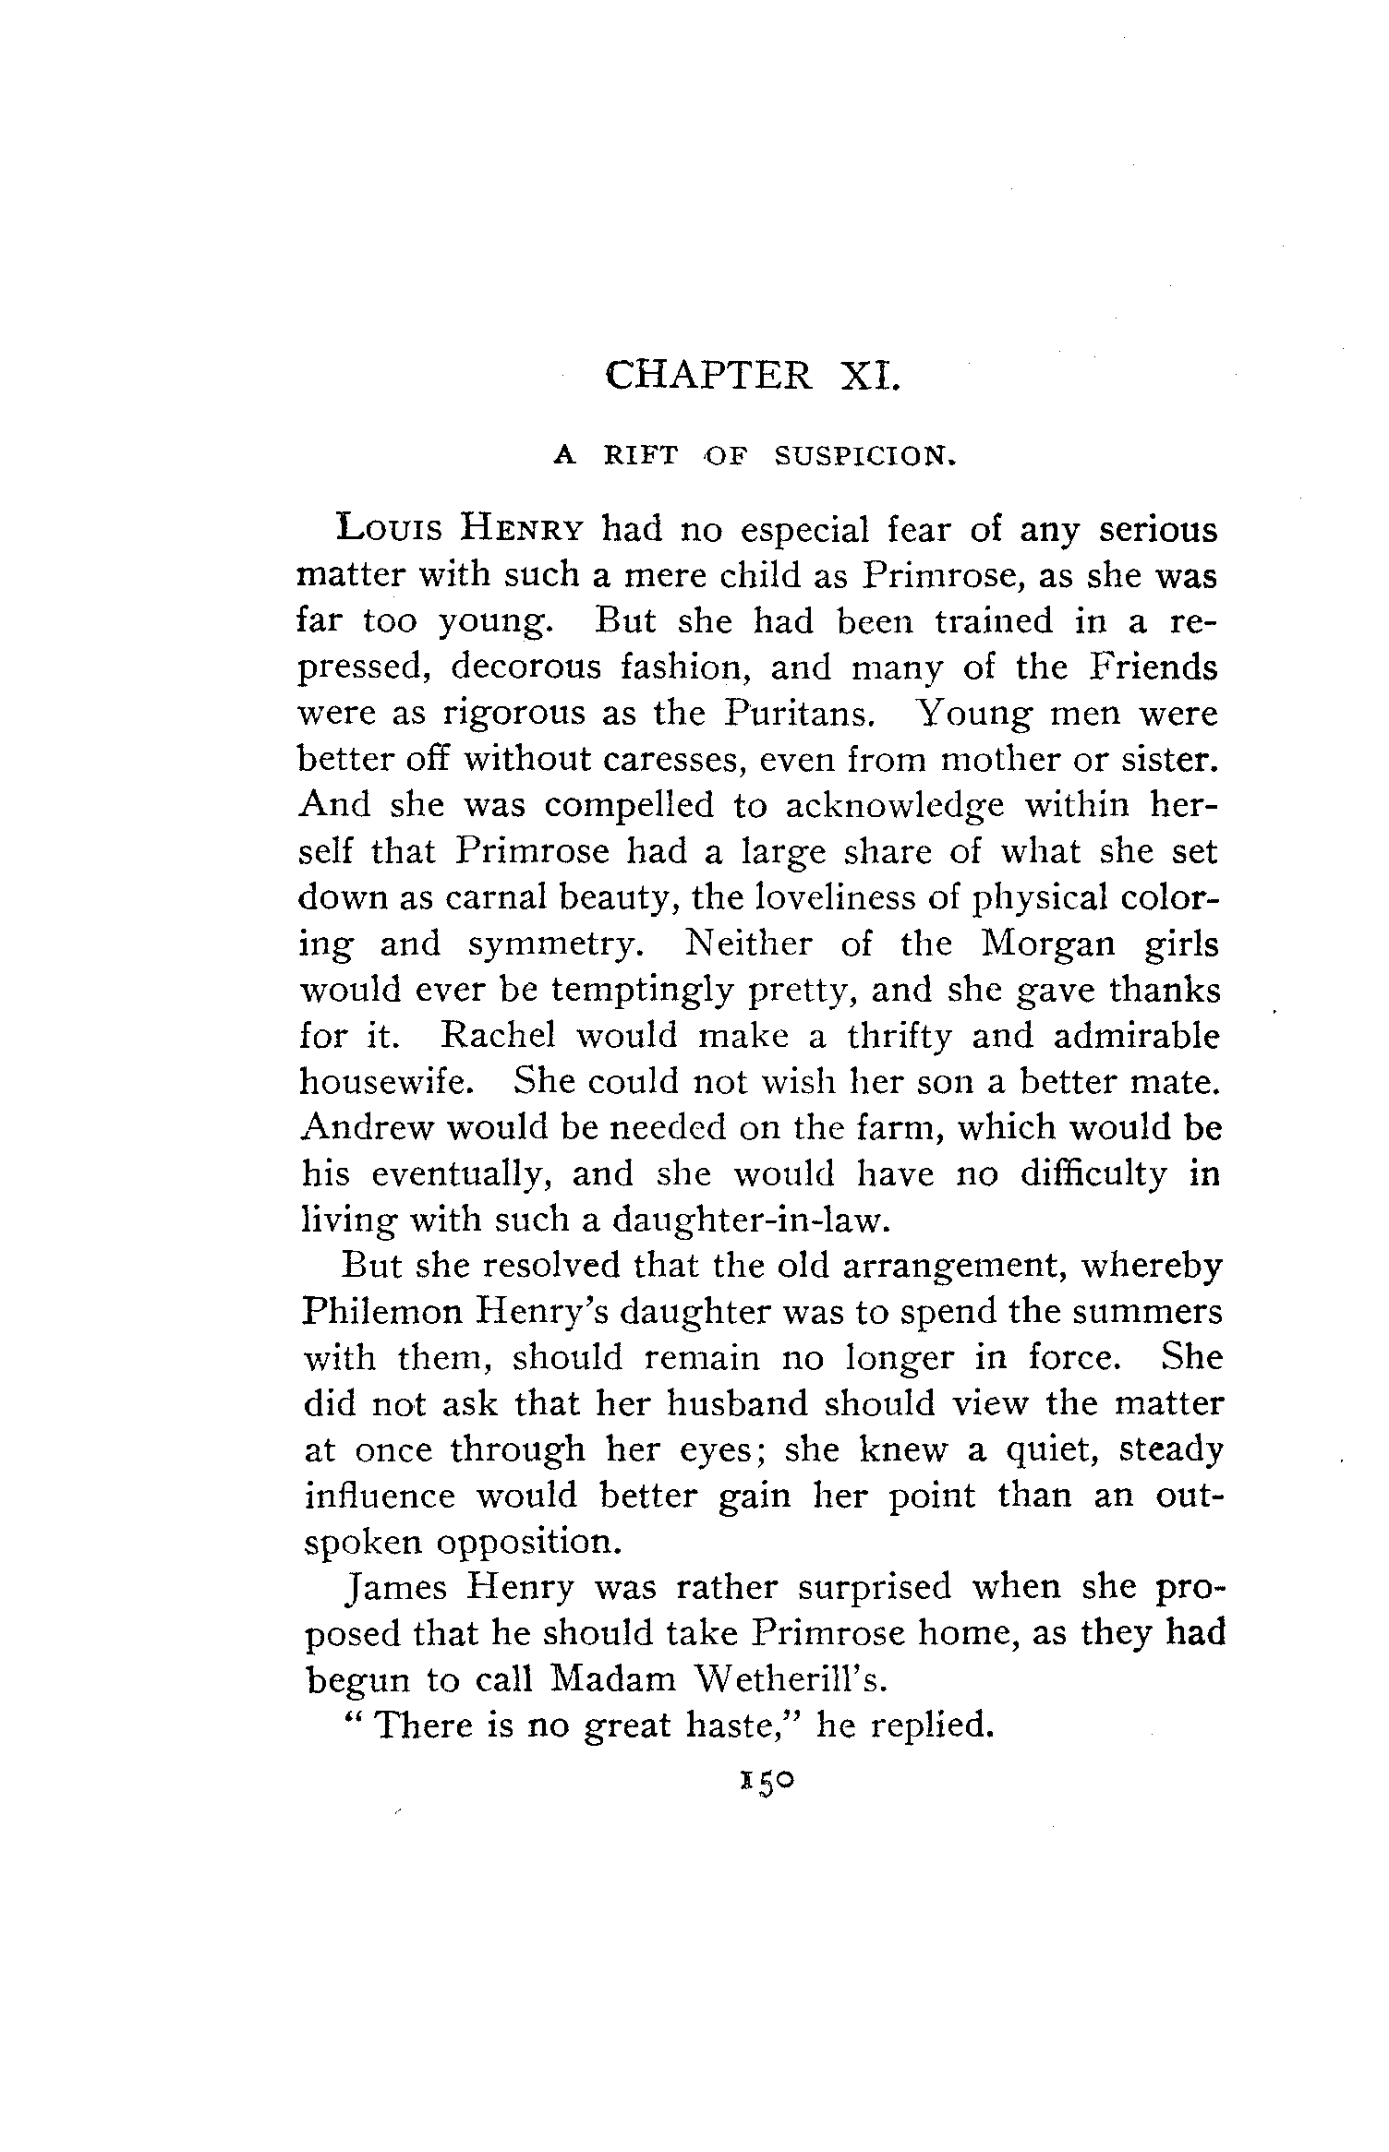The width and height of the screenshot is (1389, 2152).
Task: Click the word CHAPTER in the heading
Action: coord(708,376)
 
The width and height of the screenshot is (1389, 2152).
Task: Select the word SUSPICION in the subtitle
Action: coord(862,455)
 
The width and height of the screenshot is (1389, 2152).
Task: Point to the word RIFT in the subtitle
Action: coord(640,455)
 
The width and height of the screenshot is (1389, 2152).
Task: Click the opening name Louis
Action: coord(387,531)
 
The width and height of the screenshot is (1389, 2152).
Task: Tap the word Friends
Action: coord(1152,667)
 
